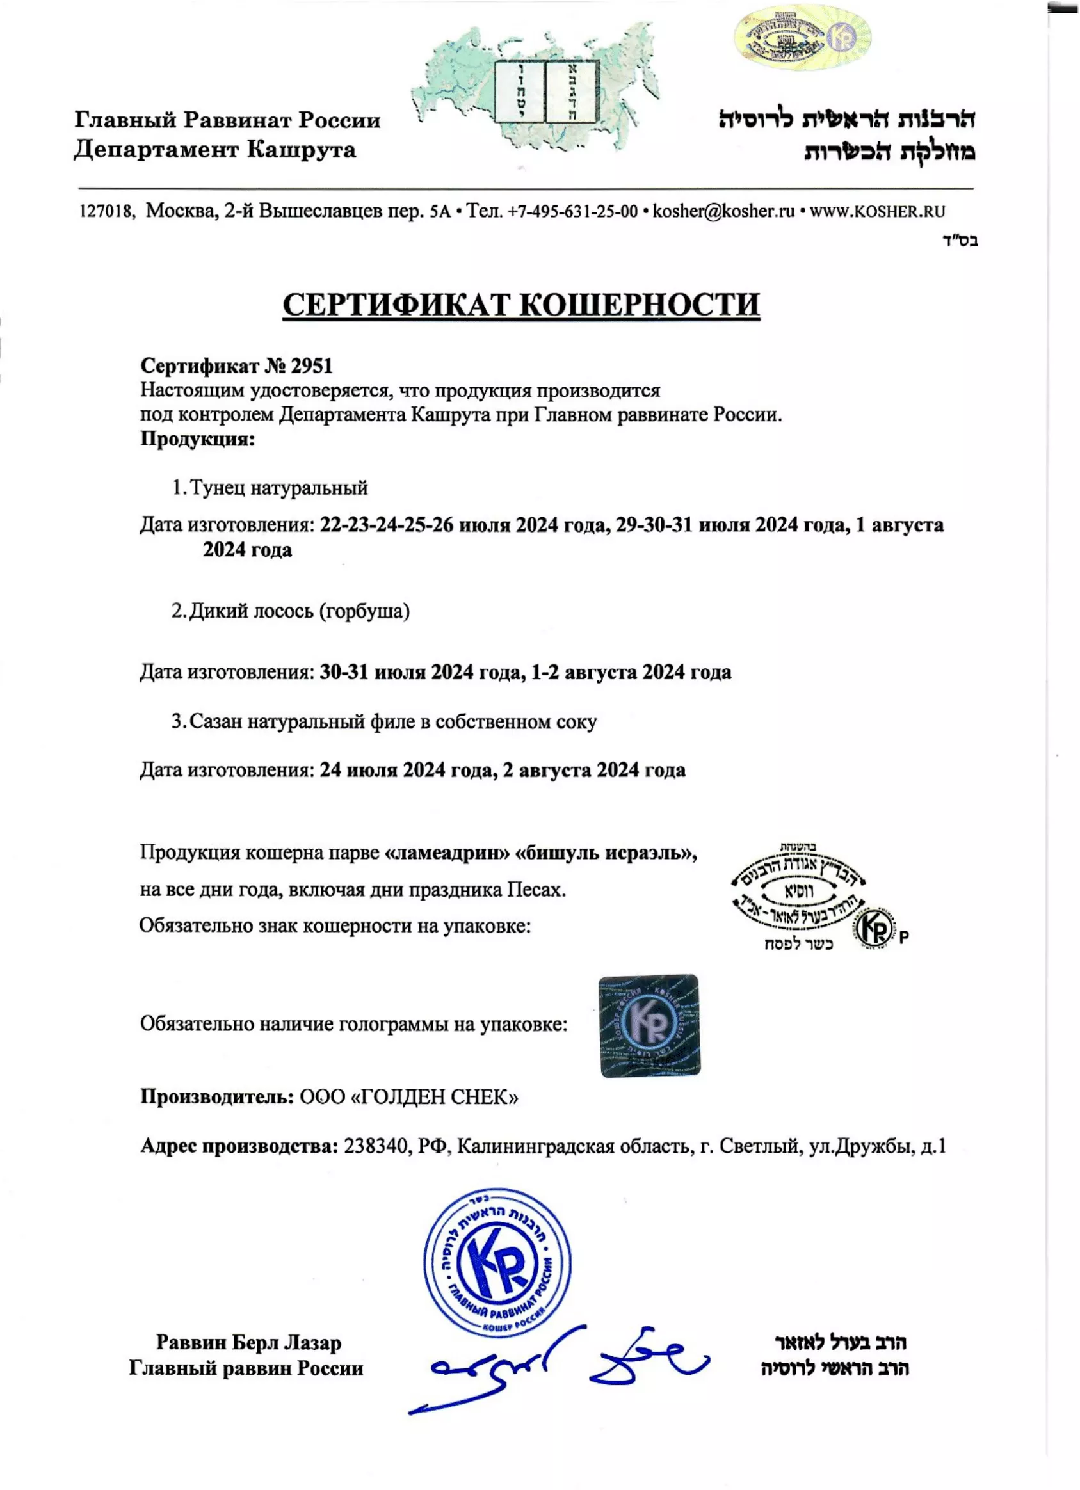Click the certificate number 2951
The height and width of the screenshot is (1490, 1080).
311,366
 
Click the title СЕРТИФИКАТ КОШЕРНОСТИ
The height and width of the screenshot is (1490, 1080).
521,305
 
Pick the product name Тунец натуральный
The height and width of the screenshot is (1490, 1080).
278,488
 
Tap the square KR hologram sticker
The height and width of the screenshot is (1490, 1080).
649,1025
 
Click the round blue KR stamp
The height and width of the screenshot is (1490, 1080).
497,1262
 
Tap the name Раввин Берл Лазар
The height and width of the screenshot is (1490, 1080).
248,1342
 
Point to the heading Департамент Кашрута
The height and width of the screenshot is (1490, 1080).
215,150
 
